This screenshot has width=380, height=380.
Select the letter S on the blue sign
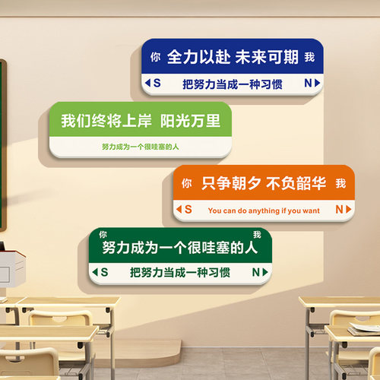tap(158, 82)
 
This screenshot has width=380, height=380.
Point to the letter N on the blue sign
tap(307, 82)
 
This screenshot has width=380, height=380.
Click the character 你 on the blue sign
tap(156, 57)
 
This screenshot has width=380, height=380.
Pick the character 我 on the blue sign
tap(309, 57)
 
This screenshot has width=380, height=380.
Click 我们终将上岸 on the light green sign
tap(106, 120)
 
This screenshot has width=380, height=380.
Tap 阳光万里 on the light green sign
tap(190, 120)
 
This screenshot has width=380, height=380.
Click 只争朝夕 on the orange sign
tap(231, 182)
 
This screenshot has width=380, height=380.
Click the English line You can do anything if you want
tap(264, 209)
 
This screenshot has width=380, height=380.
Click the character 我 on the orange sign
tap(340, 183)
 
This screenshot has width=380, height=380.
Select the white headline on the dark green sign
tap(179, 248)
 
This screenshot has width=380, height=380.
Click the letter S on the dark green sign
tap(105, 271)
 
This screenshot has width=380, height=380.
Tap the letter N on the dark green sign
tap(256, 271)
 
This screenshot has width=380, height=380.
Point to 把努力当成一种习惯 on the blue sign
tap(233, 83)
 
